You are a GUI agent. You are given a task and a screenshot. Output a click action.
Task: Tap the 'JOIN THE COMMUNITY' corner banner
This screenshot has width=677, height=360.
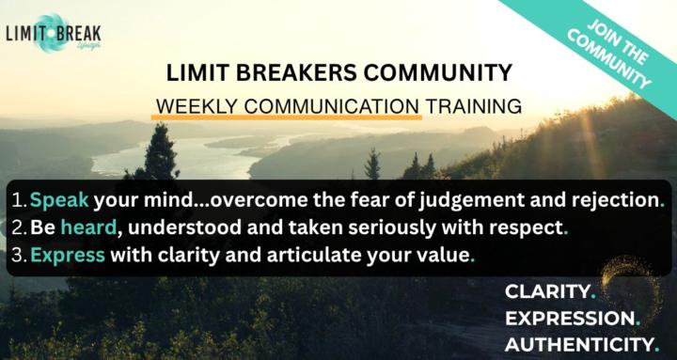(x=612, y=49)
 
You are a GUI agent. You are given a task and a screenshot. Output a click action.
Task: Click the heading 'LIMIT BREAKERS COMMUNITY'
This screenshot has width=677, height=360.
(x=339, y=72)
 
